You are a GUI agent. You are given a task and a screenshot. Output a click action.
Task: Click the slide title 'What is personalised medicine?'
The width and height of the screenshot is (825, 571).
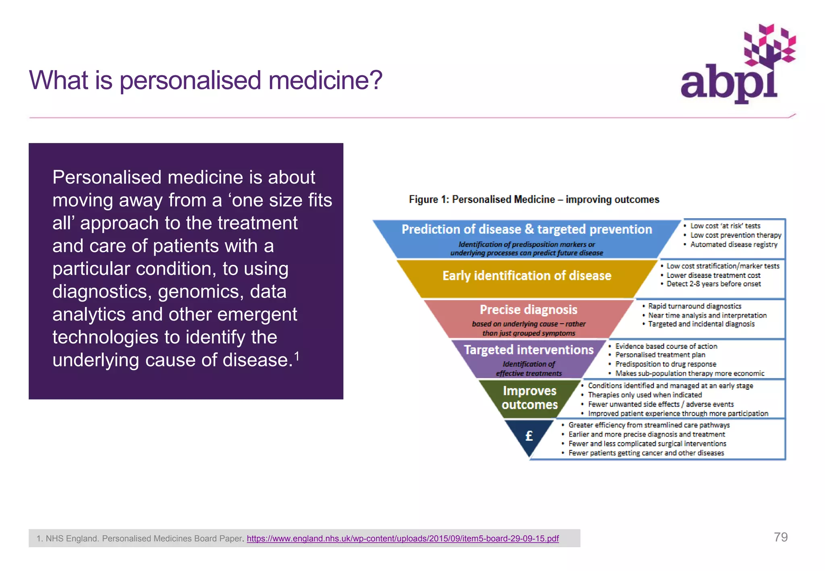click(x=205, y=80)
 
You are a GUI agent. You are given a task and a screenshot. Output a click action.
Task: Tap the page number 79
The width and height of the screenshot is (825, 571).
click(x=780, y=537)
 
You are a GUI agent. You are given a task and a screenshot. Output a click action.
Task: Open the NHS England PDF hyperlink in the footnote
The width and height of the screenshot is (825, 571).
click(x=402, y=538)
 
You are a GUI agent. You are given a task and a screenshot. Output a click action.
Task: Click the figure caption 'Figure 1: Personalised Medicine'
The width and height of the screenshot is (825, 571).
click(x=534, y=199)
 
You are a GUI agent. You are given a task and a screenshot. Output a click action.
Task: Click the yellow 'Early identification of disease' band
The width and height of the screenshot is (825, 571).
click(x=527, y=276)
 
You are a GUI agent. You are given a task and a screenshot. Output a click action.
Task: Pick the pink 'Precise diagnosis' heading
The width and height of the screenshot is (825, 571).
click(x=528, y=310)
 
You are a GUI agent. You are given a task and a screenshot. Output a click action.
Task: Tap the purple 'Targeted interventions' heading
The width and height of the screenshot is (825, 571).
click(x=529, y=350)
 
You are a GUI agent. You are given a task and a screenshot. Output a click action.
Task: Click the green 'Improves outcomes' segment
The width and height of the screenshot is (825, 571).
click(x=529, y=397)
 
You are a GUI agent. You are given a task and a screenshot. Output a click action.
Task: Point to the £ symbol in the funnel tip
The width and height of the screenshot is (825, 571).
click(x=529, y=436)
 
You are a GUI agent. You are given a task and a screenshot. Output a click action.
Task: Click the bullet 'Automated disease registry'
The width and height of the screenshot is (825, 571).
click(x=734, y=244)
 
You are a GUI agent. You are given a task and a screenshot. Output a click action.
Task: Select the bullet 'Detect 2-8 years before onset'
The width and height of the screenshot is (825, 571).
click(x=713, y=284)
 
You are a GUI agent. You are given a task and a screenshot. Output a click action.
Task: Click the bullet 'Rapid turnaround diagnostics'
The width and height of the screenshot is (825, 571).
click(x=694, y=306)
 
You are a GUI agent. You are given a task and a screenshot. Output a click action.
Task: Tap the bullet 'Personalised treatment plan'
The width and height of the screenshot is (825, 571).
click(x=660, y=355)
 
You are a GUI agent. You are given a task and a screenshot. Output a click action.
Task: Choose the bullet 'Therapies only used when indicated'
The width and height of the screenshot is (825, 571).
click(x=645, y=395)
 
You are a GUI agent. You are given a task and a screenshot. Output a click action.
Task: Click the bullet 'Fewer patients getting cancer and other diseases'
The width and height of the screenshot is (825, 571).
click(x=646, y=453)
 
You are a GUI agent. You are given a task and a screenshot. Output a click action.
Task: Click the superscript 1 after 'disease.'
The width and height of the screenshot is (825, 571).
click(x=296, y=356)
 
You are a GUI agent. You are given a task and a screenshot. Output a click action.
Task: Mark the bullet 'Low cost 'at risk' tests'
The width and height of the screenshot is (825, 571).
click(x=725, y=226)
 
